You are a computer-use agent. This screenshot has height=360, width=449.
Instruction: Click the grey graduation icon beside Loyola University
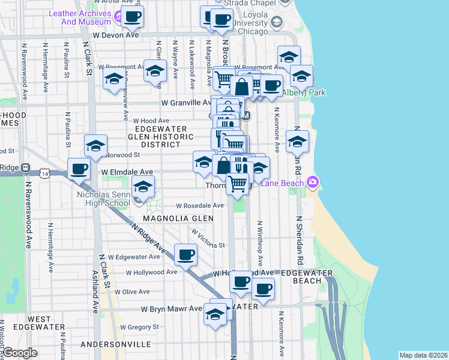276,22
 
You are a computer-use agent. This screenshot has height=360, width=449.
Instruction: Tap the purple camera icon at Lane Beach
312,181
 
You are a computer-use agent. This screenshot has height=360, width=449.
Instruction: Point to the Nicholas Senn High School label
103,199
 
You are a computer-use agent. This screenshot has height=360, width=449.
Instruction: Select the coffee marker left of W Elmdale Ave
79,169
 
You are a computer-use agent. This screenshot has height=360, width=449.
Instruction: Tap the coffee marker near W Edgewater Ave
185,255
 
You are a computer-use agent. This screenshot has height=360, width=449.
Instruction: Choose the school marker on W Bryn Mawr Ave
215,314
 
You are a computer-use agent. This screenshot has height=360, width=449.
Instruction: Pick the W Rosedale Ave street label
200,205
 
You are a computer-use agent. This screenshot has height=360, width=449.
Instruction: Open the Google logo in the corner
20,353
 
